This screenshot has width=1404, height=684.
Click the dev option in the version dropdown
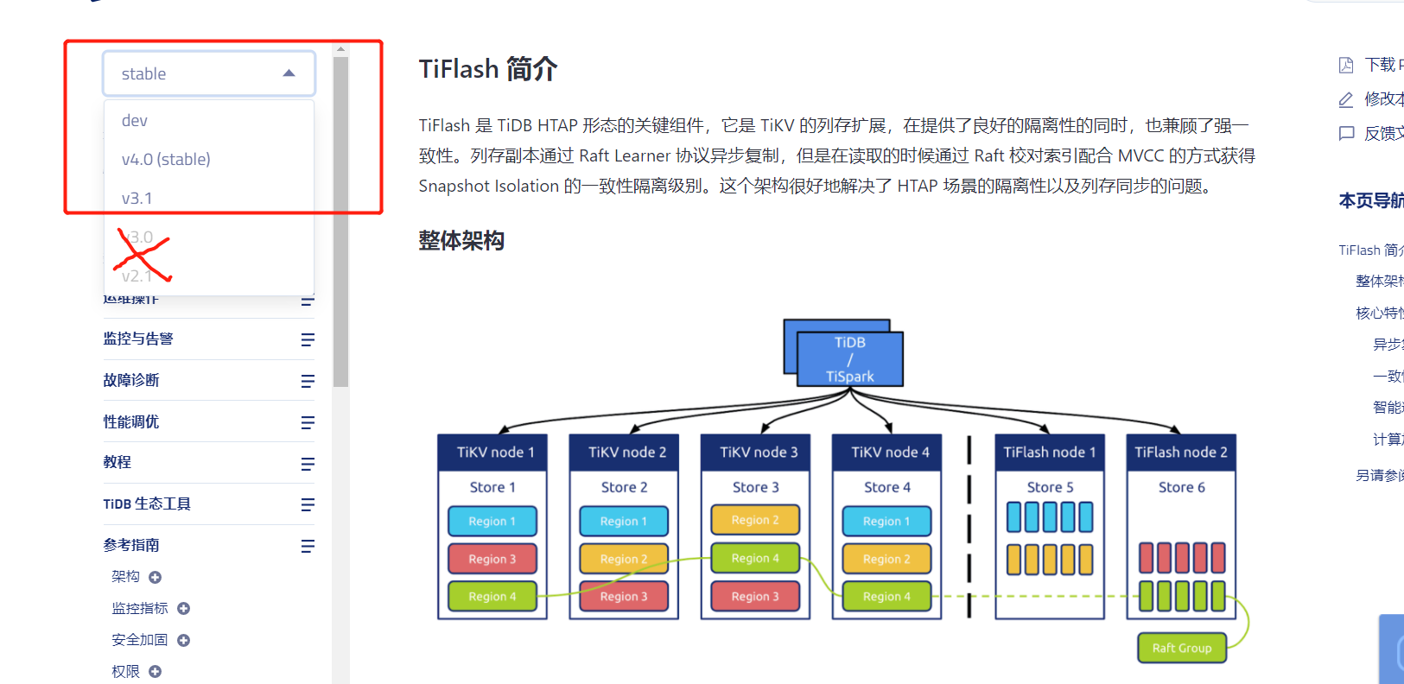click(135, 121)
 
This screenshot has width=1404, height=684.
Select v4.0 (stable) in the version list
click(166, 160)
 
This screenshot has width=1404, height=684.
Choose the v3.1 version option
click(137, 199)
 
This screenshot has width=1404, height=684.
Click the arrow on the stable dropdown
click(289, 73)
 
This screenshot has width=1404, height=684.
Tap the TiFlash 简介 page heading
click(487, 69)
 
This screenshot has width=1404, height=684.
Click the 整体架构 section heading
click(461, 241)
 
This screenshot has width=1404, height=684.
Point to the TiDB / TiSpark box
click(849, 358)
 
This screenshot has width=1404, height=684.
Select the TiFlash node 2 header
click(1180, 453)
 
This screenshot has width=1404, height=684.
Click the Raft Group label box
click(1181, 648)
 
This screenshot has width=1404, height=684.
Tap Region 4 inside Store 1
click(492, 596)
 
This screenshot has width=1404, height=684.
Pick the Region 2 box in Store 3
click(754, 520)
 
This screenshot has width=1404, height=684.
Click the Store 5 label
click(1050, 487)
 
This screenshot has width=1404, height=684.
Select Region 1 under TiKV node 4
click(886, 521)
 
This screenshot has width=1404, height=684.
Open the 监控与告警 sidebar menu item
click(138, 339)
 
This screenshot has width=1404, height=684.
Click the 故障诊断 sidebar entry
click(131, 380)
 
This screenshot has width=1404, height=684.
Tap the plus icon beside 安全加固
click(183, 640)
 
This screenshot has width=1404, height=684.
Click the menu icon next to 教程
click(308, 464)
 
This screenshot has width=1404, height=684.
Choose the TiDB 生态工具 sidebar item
click(147, 504)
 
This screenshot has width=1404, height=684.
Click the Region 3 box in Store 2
click(623, 596)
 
